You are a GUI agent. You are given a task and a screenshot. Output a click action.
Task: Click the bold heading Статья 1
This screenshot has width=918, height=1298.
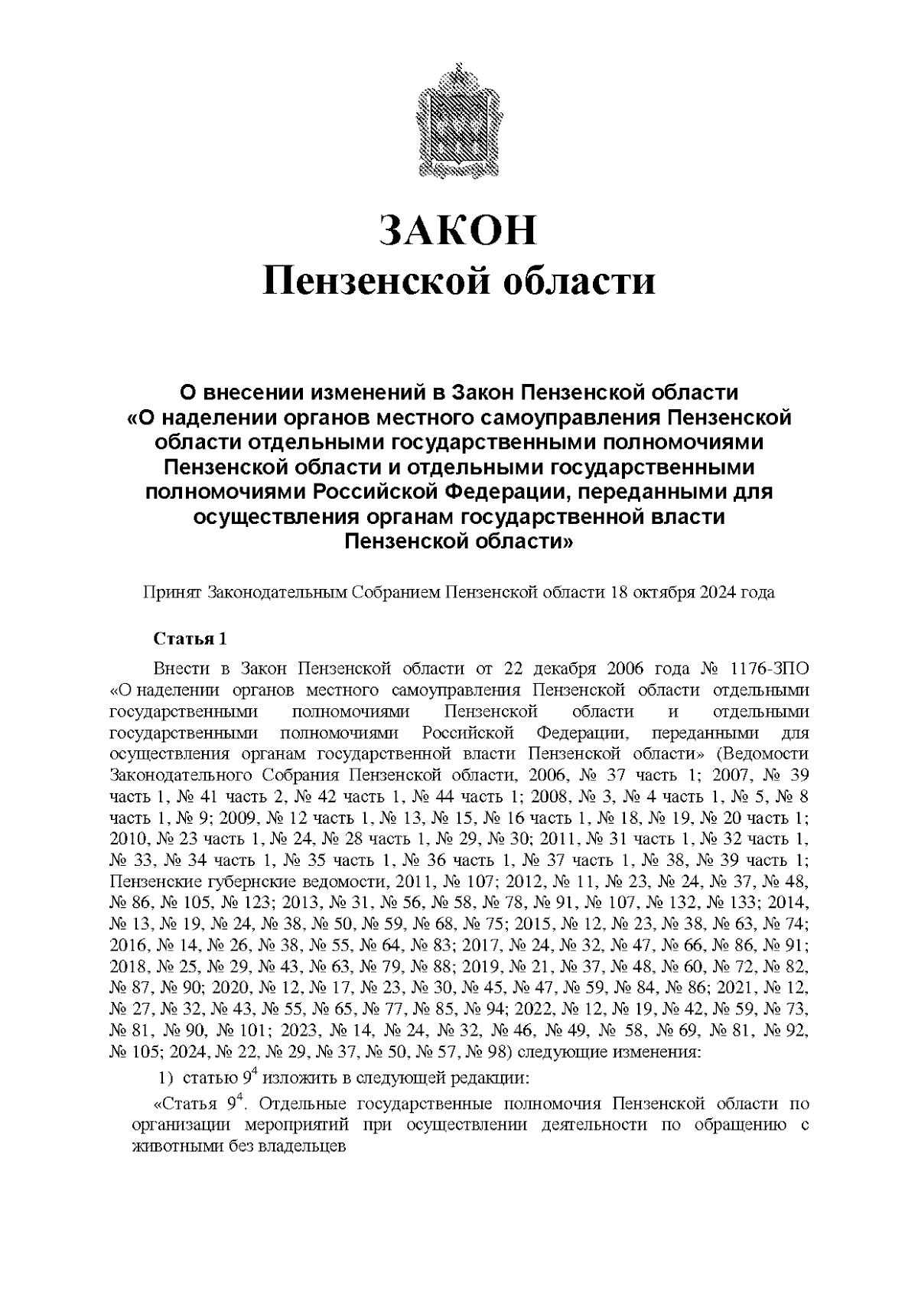point(190,639)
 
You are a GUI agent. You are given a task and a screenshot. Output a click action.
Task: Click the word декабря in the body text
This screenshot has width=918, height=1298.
point(565,668)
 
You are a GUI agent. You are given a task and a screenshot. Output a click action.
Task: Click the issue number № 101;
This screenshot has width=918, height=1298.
point(243,1030)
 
